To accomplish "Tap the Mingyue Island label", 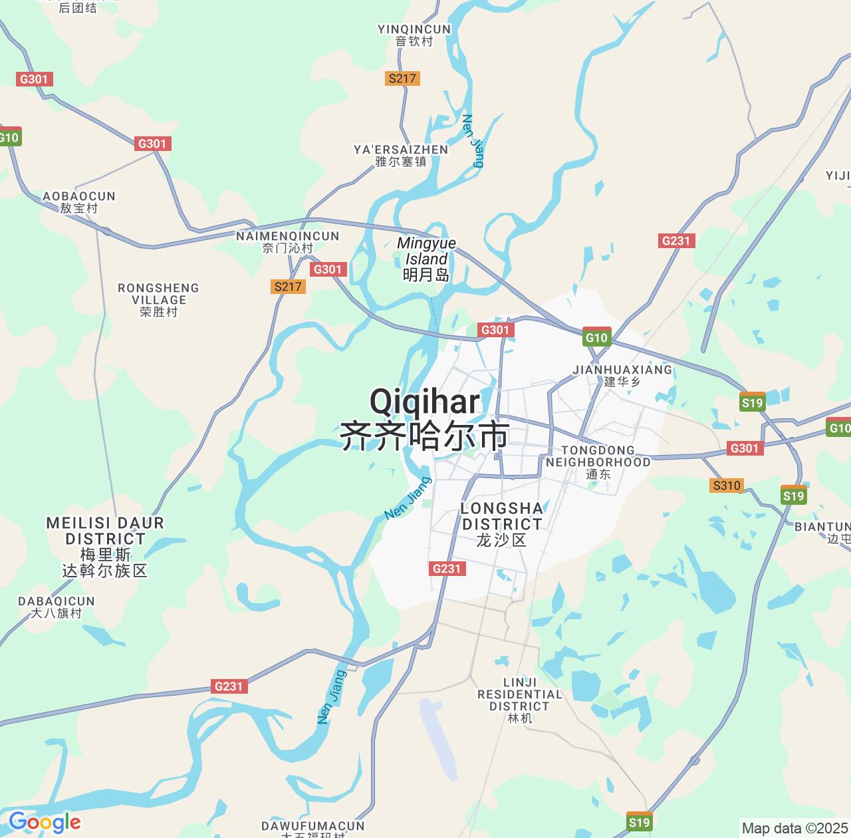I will click(426, 259).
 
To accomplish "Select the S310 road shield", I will click(726, 486).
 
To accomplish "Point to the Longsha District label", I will click(502, 524).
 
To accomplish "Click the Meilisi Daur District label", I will click(105, 546).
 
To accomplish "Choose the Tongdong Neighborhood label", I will click(598, 462).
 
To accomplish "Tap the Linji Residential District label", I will click(520, 700).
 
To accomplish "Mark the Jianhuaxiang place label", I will click(622, 375).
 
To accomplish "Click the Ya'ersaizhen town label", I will click(401, 155).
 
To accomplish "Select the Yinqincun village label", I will click(414, 35).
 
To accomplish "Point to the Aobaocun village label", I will click(79, 202).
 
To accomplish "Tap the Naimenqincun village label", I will click(288, 241).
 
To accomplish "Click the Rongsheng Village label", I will click(158, 299).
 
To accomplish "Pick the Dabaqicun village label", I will click(57, 607).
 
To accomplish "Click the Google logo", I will click(45, 823).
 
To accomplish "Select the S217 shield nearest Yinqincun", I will click(402, 78).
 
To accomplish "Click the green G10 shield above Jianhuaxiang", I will click(596, 337).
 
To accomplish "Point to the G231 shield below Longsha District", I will click(446, 569).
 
